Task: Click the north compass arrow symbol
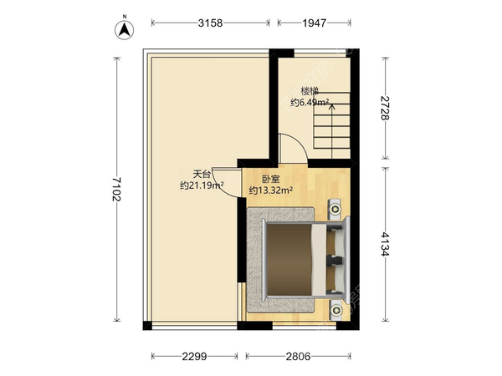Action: coord(125,30)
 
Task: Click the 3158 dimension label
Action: coord(210,23)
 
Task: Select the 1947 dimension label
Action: coord(315,23)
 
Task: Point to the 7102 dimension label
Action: coord(116,190)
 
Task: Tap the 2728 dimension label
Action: coord(385,108)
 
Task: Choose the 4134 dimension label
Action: coord(385,244)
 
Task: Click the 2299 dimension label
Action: coord(194,356)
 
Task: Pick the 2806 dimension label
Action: coord(299,356)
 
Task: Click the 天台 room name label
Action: coord(202,175)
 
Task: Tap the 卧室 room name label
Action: coord(271,179)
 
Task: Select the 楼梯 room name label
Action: coord(310,91)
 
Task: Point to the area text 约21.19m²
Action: coord(202,185)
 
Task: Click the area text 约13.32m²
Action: coord(271,191)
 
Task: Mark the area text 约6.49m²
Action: coord(310,103)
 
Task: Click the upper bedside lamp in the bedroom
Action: coord(336,209)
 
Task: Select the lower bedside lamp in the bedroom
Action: coord(336,310)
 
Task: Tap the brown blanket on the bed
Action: coord(289,260)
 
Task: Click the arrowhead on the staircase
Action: coord(332,107)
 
